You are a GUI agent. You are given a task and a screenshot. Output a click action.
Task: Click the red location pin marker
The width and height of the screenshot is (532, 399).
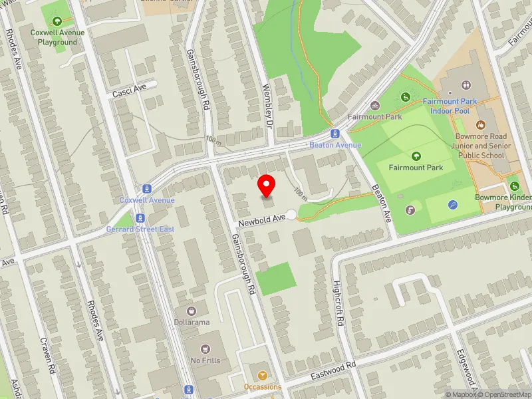click(267, 185)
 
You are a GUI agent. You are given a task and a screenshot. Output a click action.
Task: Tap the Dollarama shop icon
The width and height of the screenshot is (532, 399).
click(192, 311)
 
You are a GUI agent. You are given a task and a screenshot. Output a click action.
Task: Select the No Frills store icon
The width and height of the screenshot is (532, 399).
click(205, 348)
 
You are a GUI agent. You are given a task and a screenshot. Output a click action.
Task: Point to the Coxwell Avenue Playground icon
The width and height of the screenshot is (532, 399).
click(58, 21)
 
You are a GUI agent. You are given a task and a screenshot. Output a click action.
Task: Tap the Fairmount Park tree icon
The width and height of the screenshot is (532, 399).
click(416, 156)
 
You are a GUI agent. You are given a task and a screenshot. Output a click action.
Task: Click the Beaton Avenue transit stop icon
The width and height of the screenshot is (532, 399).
click(336, 133)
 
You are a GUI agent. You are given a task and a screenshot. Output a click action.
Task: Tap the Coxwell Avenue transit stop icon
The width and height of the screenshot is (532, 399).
click(146, 189)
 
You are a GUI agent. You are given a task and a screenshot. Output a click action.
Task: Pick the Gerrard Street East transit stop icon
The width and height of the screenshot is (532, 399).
click(140, 217)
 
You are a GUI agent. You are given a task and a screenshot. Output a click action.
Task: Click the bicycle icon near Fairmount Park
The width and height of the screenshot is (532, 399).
click(375, 105)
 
